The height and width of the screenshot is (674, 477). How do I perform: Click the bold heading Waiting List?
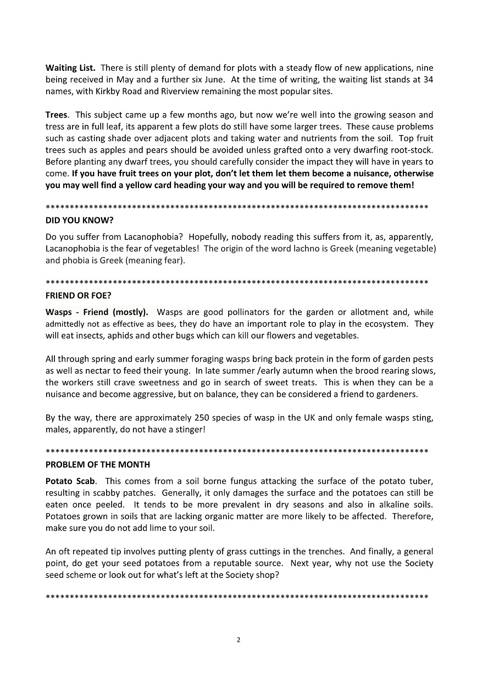(x=70, y=68)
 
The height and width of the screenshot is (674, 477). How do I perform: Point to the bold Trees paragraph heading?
(x=57, y=115)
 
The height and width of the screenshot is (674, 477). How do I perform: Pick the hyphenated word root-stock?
(x=411, y=150)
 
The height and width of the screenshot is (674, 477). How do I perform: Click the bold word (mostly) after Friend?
(x=130, y=312)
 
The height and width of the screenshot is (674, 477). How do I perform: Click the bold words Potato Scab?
(x=70, y=481)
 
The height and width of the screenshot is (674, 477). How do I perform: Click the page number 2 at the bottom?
(x=239, y=639)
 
